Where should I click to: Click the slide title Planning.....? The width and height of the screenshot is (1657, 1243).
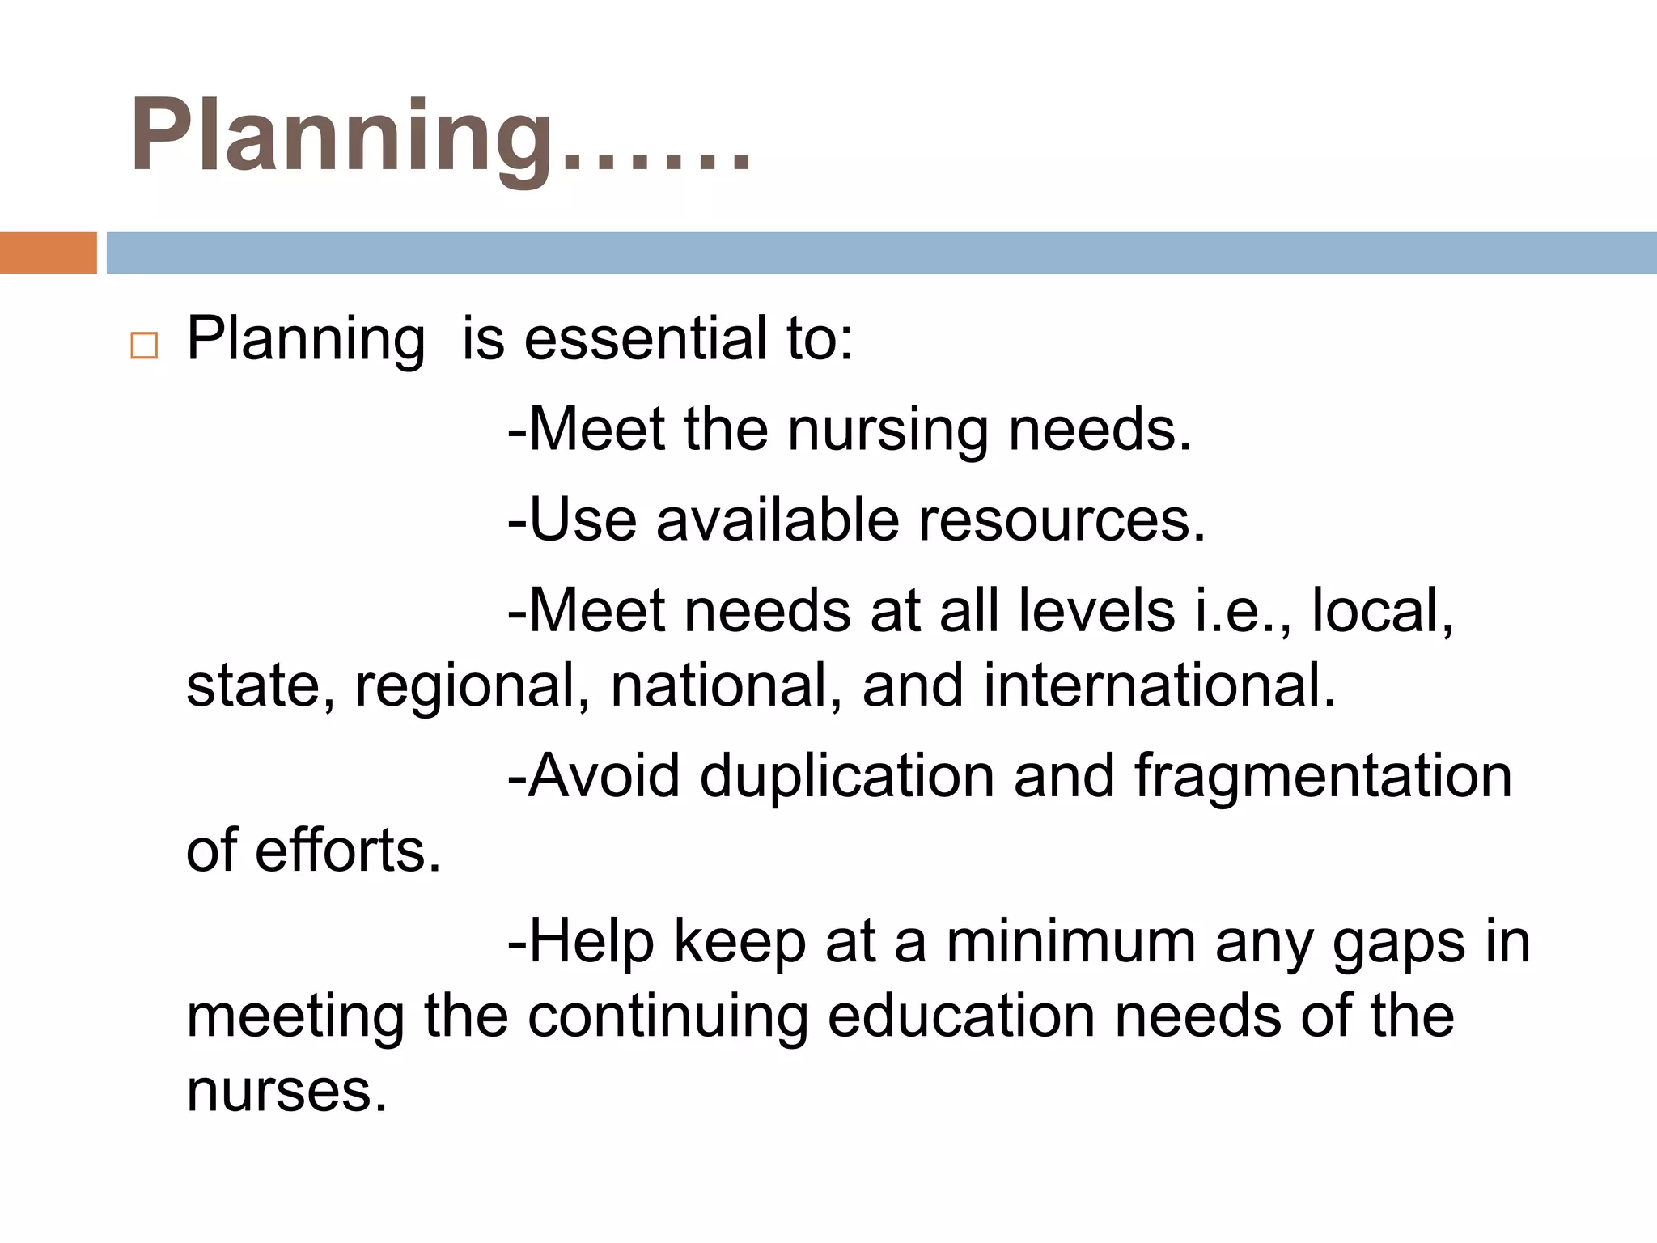coord(441,136)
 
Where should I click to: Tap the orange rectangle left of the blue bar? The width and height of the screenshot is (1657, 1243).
coord(48,252)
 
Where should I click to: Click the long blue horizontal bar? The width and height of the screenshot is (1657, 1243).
coord(881,252)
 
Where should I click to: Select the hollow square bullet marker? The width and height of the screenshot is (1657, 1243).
coord(144,346)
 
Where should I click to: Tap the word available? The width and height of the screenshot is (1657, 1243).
coord(777,520)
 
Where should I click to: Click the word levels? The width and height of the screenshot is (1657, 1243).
coord(1096,610)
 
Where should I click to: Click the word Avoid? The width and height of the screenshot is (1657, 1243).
coord(604,776)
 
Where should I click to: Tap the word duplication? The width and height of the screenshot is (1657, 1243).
coord(846,776)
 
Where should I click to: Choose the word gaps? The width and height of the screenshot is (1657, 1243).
coord(1398,944)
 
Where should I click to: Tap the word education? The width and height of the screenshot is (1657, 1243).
coord(960,1016)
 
